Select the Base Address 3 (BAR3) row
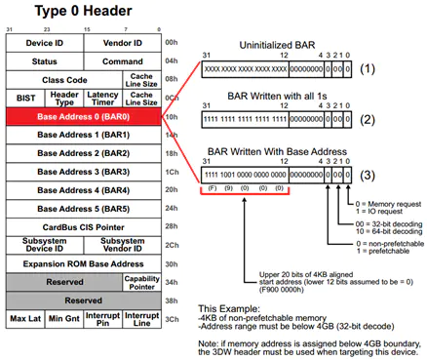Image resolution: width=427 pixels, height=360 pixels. tap(83, 172)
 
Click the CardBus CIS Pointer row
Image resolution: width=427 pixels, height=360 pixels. tap(83, 226)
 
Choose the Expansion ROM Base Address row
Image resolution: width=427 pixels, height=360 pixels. tap(83, 263)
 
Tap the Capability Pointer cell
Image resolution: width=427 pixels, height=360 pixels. tap(142, 281)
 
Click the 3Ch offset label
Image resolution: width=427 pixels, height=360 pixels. tap(172, 319)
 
